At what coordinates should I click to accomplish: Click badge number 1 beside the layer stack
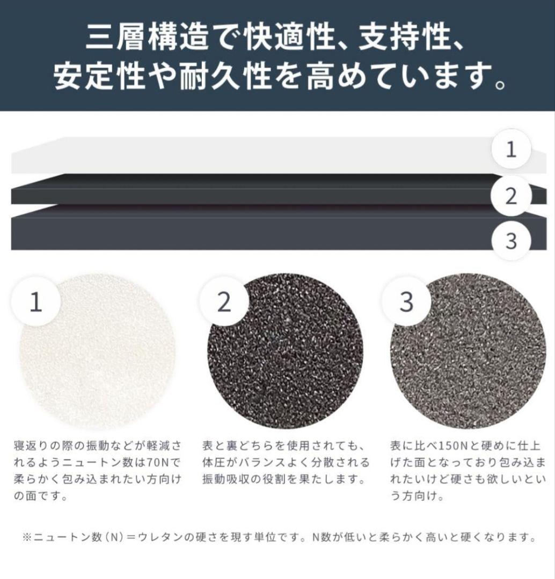tap(511, 149)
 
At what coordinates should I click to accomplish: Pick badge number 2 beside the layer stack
tap(511, 196)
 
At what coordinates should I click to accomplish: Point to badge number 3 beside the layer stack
tap(511, 241)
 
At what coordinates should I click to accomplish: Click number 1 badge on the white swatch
tap(36, 301)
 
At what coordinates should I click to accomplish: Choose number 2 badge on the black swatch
tap(224, 301)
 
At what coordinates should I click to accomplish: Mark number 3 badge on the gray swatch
tap(406, 301)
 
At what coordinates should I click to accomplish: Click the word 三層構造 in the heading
tap(147, 37)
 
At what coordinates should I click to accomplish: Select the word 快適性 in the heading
tap(288, 37)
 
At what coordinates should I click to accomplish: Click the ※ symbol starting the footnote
tap(27, 537)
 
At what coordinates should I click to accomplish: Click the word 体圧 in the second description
tap(214, 462)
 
